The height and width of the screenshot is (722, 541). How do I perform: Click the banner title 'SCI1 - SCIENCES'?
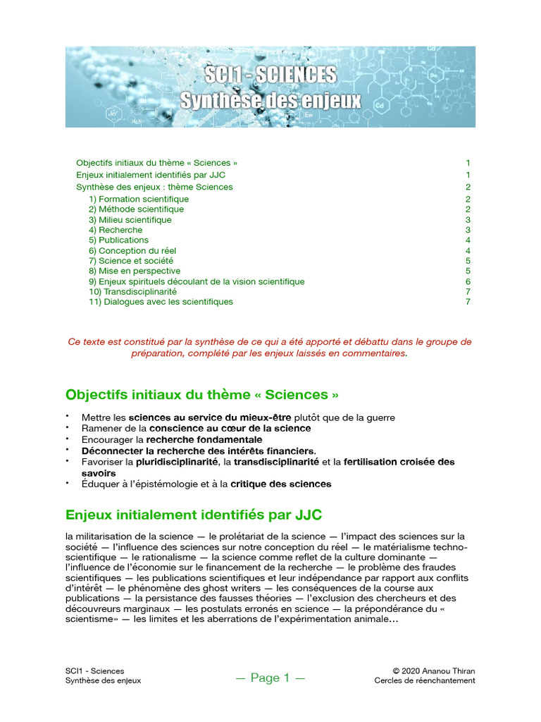pos(270,75)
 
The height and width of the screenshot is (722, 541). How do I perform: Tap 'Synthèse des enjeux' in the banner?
pos(270,101)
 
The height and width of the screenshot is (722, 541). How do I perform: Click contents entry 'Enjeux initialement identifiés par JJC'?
pos(150,174)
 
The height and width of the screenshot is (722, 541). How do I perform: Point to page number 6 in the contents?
pos(468,281)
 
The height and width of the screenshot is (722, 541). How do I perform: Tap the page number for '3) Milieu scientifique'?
pos(468,220)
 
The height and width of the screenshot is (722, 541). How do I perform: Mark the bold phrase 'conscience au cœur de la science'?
pos(230,428)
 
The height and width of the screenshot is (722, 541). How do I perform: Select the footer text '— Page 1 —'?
pos(270,678)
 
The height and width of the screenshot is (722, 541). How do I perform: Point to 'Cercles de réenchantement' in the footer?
pos(425,680)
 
